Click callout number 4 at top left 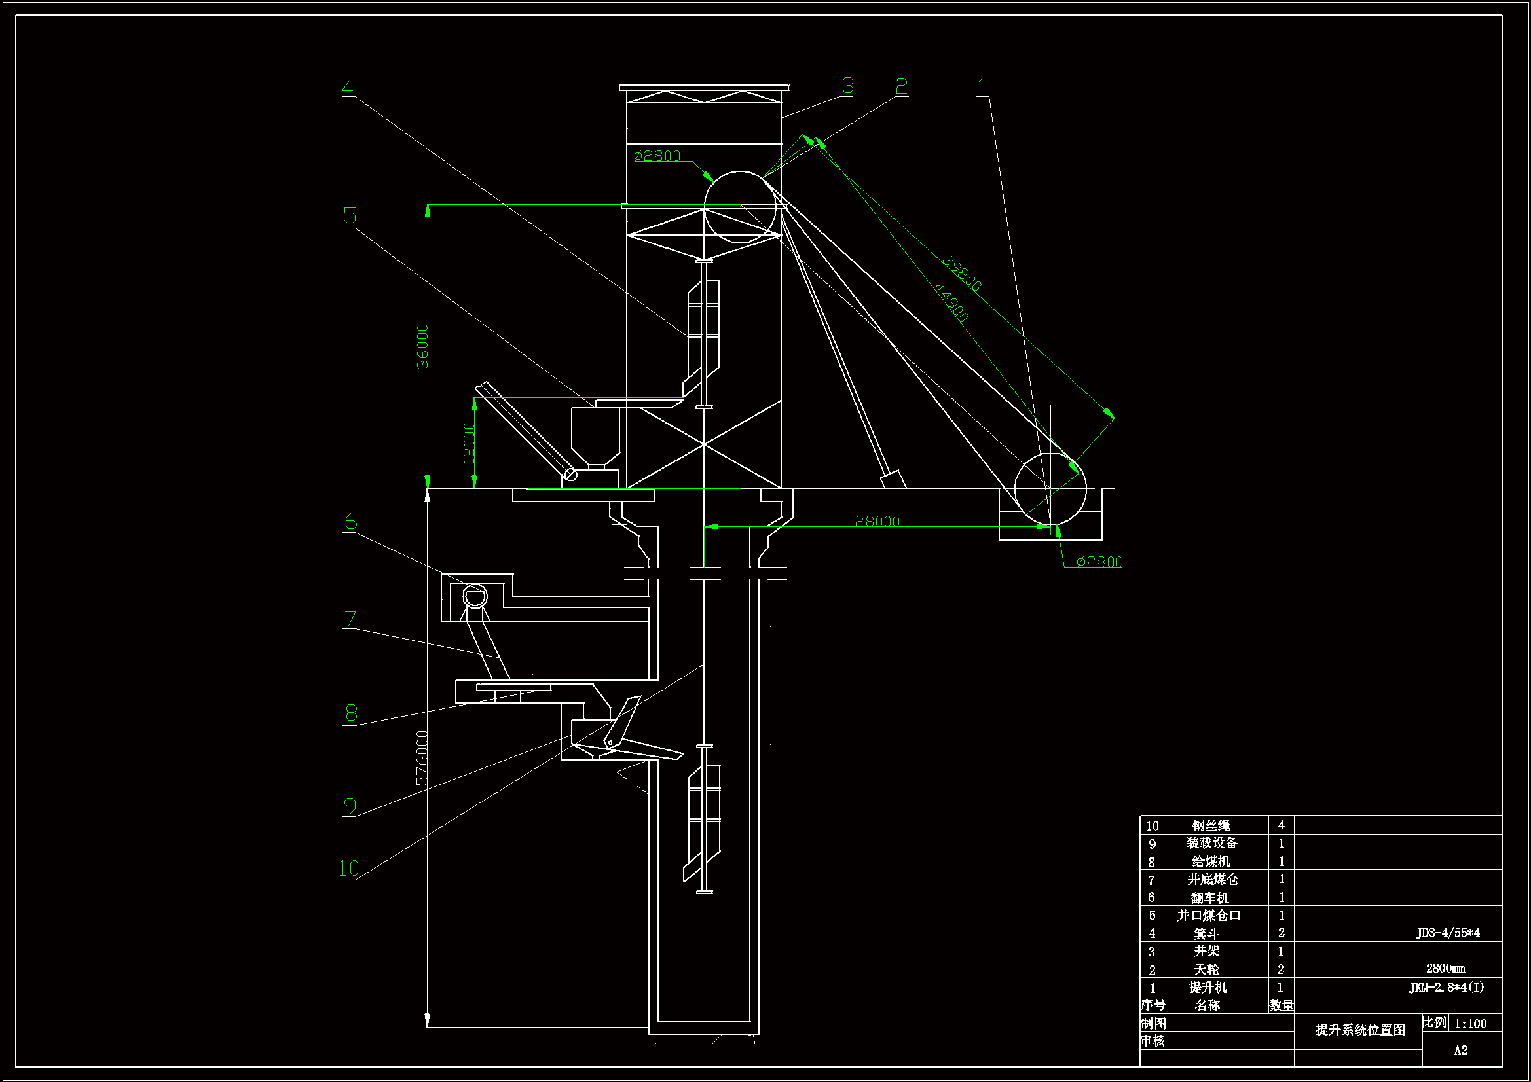347,88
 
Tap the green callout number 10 349,868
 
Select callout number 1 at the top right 981,86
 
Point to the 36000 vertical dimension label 422,346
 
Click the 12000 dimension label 469,442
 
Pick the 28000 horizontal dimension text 877,521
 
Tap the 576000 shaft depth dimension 422,758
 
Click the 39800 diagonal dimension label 961,273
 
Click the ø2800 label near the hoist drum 1099,562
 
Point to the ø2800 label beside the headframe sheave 657,156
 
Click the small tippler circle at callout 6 475,596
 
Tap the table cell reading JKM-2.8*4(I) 1447,987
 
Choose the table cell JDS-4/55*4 1448,933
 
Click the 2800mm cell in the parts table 1445,969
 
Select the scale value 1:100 1469,1024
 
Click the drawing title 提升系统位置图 1359,1030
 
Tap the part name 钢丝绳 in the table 1211,825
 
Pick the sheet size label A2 1460,1051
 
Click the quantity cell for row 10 1281,825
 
